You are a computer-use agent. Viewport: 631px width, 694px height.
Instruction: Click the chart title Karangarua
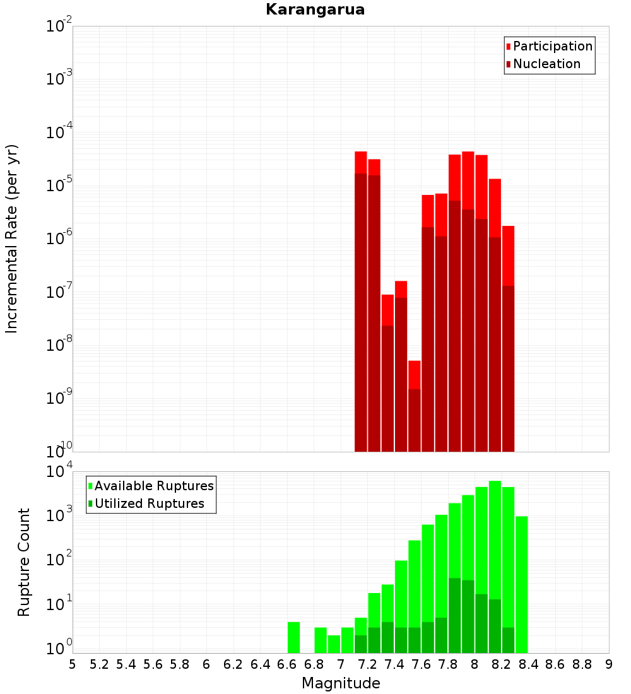[x=315, y=9]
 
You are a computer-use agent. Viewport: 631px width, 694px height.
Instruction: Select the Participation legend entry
[x=552, y=46]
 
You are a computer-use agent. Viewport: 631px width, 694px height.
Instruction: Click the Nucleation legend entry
[x=546, y=64]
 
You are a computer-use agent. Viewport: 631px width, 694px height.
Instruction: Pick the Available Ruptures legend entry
[x=153, y=486]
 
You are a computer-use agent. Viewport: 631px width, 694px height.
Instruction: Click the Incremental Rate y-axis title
[x=12, y=238]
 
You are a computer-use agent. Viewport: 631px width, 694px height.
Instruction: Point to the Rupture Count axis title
[x=24, y=562]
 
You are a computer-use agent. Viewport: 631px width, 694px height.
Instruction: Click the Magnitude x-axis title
[x=341, y=683]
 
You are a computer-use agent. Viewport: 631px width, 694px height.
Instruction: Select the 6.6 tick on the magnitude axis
[x=287, y=664]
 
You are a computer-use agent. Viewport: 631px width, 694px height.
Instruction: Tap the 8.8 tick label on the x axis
[x=582, y=664]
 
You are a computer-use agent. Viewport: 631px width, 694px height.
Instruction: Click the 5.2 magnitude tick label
[x=99, y=664]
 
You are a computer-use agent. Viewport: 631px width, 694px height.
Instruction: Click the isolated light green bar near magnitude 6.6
[x=293, y=637]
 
